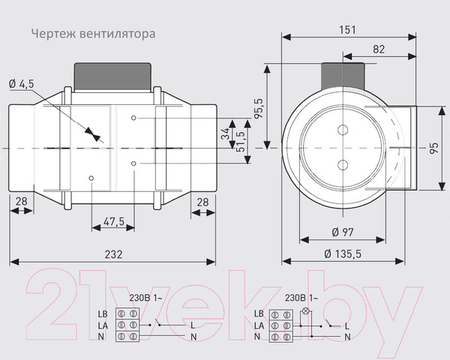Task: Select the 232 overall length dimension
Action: click(112, 255)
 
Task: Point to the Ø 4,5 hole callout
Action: click(20, 84)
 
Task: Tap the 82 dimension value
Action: click(378, 49)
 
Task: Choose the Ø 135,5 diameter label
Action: click(343, 254)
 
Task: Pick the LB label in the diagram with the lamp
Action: click(259, 313)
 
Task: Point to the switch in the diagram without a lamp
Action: click(161, 325)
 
